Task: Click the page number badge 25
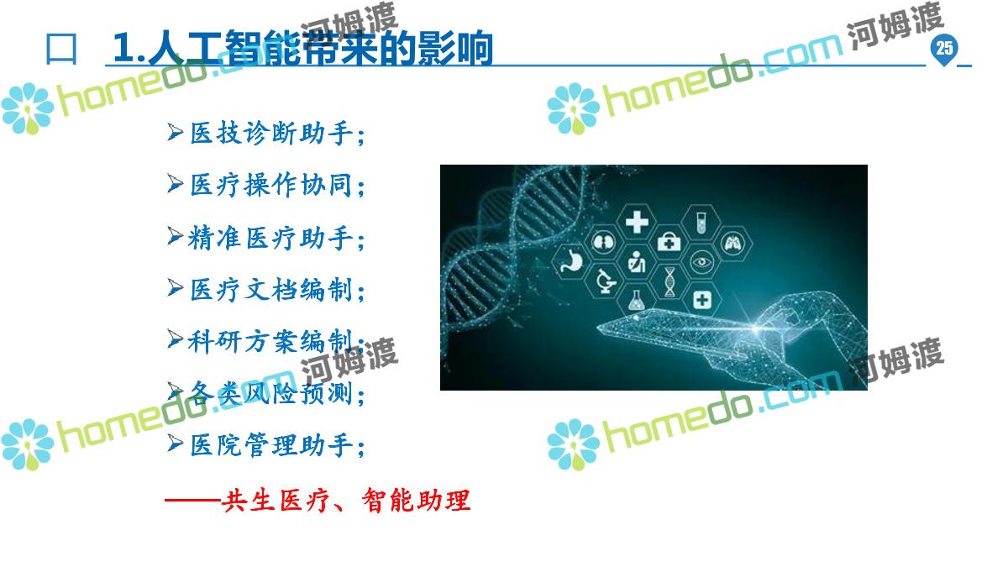pos(944,49)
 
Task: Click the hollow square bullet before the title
pos(61,50)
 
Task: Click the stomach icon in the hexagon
pos(571,261)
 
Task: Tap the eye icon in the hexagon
pos(701,261)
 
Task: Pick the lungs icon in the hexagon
pos(733,244)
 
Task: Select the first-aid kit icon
pos(669,242)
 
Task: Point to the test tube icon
pos(701,223)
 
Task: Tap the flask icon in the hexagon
pos(636,300)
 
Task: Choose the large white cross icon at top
pos(637,222)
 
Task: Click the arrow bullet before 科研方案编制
pos(175,339)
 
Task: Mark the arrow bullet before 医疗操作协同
pos(175,184)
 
